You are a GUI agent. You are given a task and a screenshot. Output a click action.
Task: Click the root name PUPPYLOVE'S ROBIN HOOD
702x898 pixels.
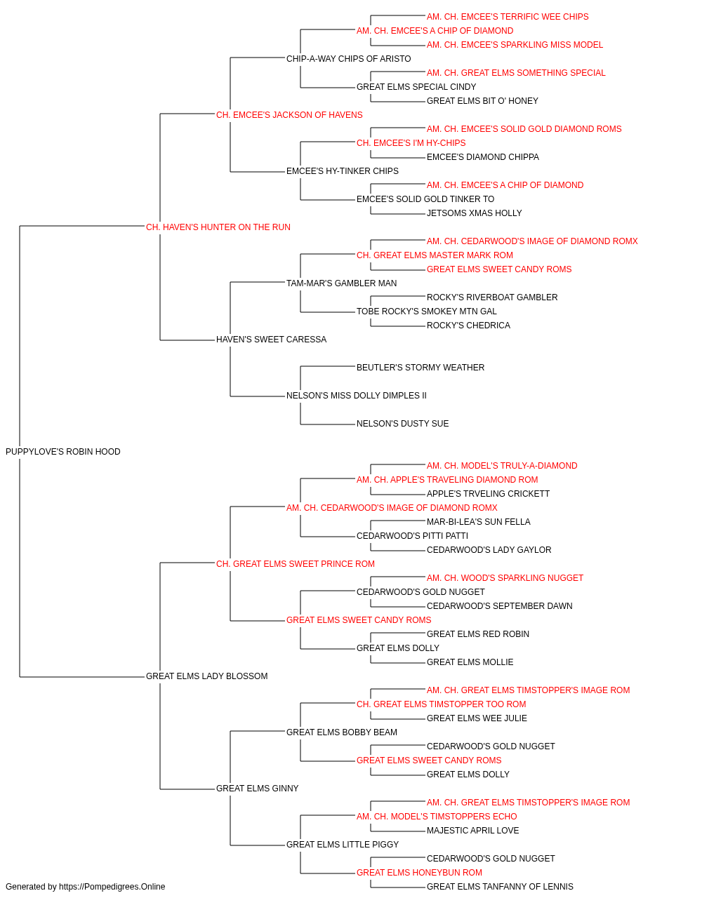pos(63,452)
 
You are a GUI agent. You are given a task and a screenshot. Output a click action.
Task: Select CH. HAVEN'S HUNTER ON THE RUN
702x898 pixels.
pos(218,227)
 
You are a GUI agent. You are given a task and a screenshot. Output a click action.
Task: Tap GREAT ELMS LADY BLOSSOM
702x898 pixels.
pos(206,676)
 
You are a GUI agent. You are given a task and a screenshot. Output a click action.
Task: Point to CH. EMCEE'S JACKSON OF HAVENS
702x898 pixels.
pos(289,115)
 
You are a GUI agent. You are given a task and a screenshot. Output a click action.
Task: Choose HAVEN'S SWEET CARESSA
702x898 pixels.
pos(271,340)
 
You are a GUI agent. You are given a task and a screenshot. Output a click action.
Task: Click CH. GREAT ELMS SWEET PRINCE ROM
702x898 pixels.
pos(295,564)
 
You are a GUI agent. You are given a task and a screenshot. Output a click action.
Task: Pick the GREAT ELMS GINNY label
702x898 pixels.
pos(257,789)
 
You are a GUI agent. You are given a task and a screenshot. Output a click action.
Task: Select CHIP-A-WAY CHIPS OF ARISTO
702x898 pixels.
pos(348,59)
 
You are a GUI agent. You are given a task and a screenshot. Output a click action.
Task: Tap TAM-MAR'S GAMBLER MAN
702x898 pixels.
pos(341,283)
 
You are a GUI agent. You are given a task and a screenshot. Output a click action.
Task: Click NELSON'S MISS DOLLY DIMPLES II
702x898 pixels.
pos(357,396)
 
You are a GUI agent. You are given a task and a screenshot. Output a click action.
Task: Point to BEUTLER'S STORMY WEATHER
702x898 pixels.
pos(420,368)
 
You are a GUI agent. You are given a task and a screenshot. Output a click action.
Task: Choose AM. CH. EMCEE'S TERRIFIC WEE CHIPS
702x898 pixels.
pos(508,17)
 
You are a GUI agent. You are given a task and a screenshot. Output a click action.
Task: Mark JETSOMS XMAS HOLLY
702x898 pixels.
pos(475,213)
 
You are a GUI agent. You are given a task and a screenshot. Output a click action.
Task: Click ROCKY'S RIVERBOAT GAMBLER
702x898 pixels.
pos(492,297)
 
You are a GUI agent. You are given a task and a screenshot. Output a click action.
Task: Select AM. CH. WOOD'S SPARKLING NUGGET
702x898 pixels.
pos(505,578)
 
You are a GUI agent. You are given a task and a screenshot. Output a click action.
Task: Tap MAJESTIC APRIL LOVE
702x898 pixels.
pos(472,831)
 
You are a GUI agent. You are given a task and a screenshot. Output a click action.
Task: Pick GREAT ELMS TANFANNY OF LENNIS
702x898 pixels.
pos(500,887)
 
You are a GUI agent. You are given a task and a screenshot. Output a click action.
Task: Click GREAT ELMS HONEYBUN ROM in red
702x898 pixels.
pos(419,873)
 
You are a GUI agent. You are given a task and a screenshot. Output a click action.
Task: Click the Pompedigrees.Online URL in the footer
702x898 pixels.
pos(112,887)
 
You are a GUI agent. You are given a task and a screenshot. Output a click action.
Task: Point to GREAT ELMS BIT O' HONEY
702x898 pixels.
pos(482,101)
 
